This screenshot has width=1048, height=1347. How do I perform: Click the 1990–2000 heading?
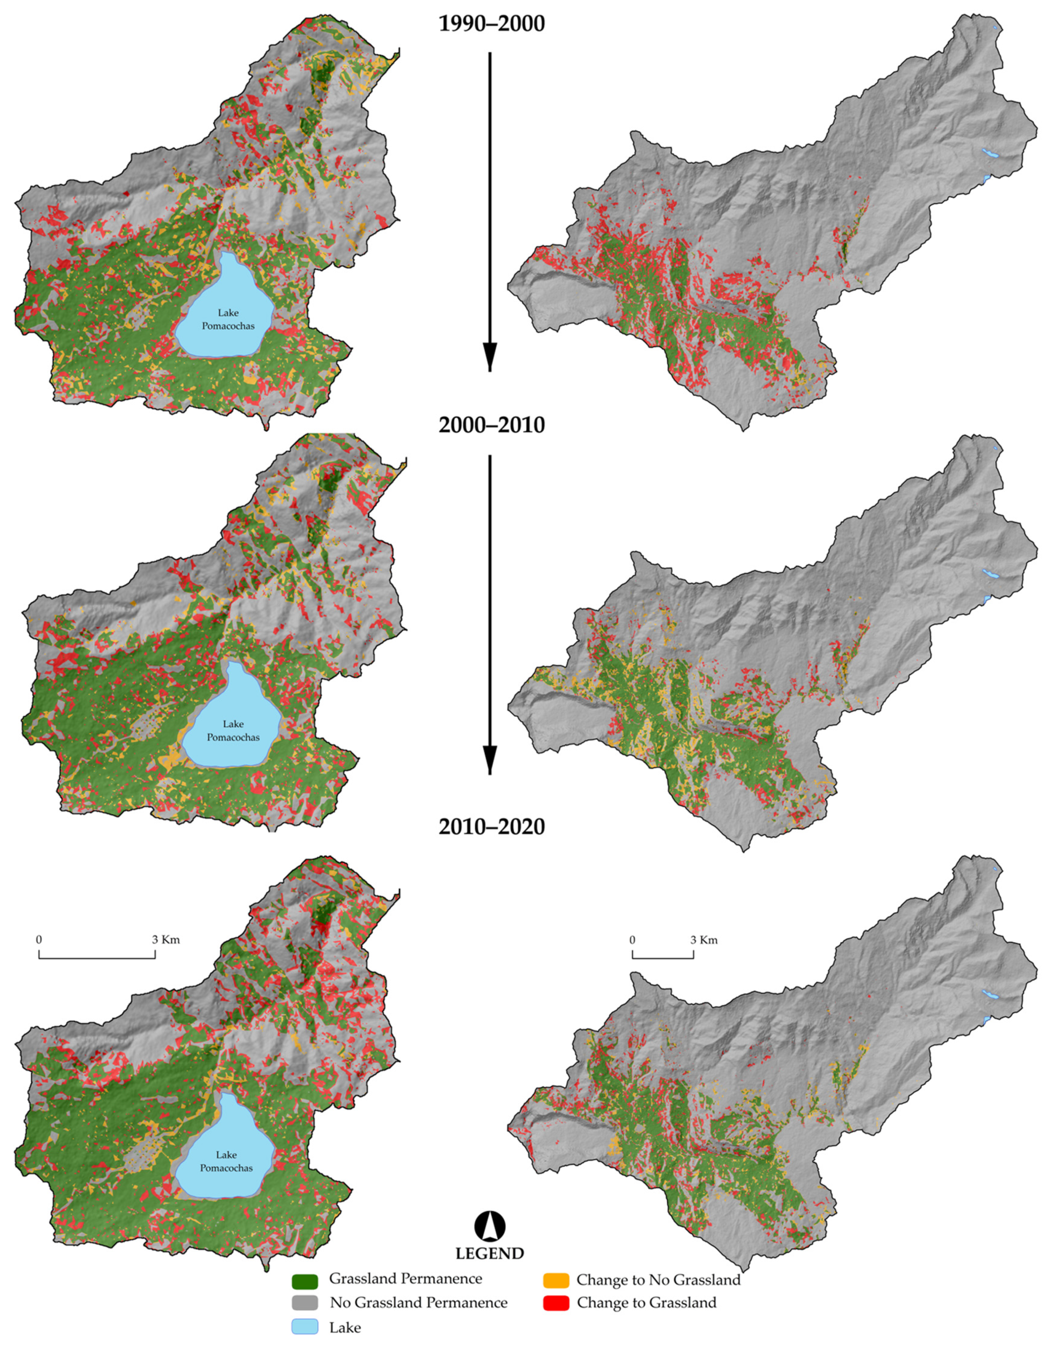point(491,24)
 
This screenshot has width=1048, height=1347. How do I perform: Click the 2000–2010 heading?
point(491,425)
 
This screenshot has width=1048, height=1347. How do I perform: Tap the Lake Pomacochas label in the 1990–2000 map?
point(228,320)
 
